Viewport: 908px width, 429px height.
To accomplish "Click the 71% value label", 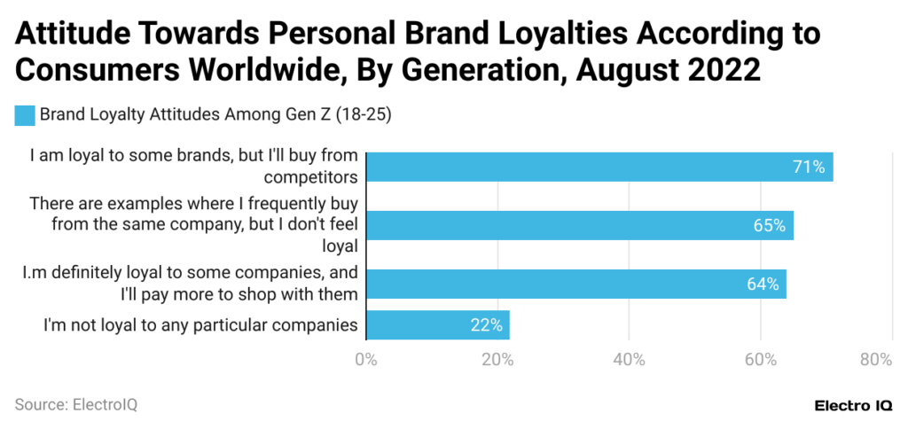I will point(809,167).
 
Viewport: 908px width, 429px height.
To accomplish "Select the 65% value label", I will point(769,225).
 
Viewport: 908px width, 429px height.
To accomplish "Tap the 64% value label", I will point(763,285).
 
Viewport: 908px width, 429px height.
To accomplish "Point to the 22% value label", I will point(486,325).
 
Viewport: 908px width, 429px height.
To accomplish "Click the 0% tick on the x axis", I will point(365,359).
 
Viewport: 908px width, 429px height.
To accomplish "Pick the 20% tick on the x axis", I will point(497,359).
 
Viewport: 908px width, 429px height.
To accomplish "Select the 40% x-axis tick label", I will point(629,359).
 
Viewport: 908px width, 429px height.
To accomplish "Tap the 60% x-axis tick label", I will point(761,359).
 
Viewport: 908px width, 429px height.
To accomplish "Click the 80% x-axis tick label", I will point(875,359).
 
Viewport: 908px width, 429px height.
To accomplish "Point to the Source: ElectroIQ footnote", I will point(76,404).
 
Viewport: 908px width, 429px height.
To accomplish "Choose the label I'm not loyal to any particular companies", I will point(200,325).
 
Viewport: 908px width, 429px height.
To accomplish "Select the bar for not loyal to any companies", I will point(437,325).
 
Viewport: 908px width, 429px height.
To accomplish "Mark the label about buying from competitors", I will point(193,165).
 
